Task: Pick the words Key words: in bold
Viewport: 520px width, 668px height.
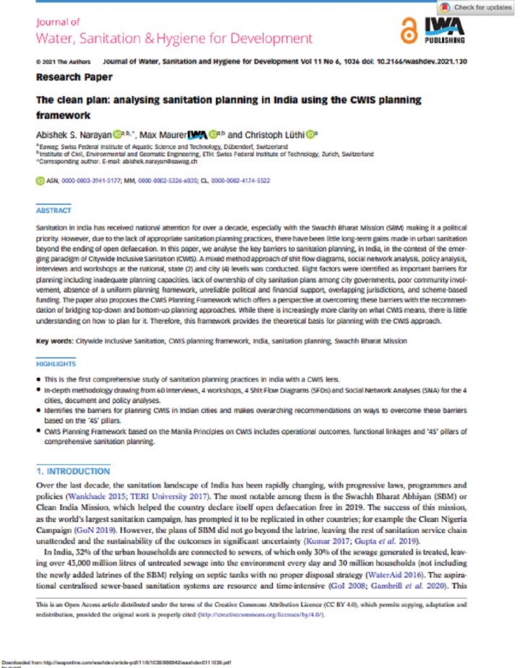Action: point(55,340)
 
